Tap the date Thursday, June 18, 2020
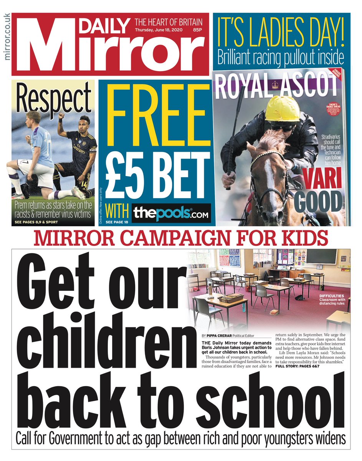(159, 30)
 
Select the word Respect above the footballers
(53, 99)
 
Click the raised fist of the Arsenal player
(60, 116)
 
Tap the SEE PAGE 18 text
(114, 222)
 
